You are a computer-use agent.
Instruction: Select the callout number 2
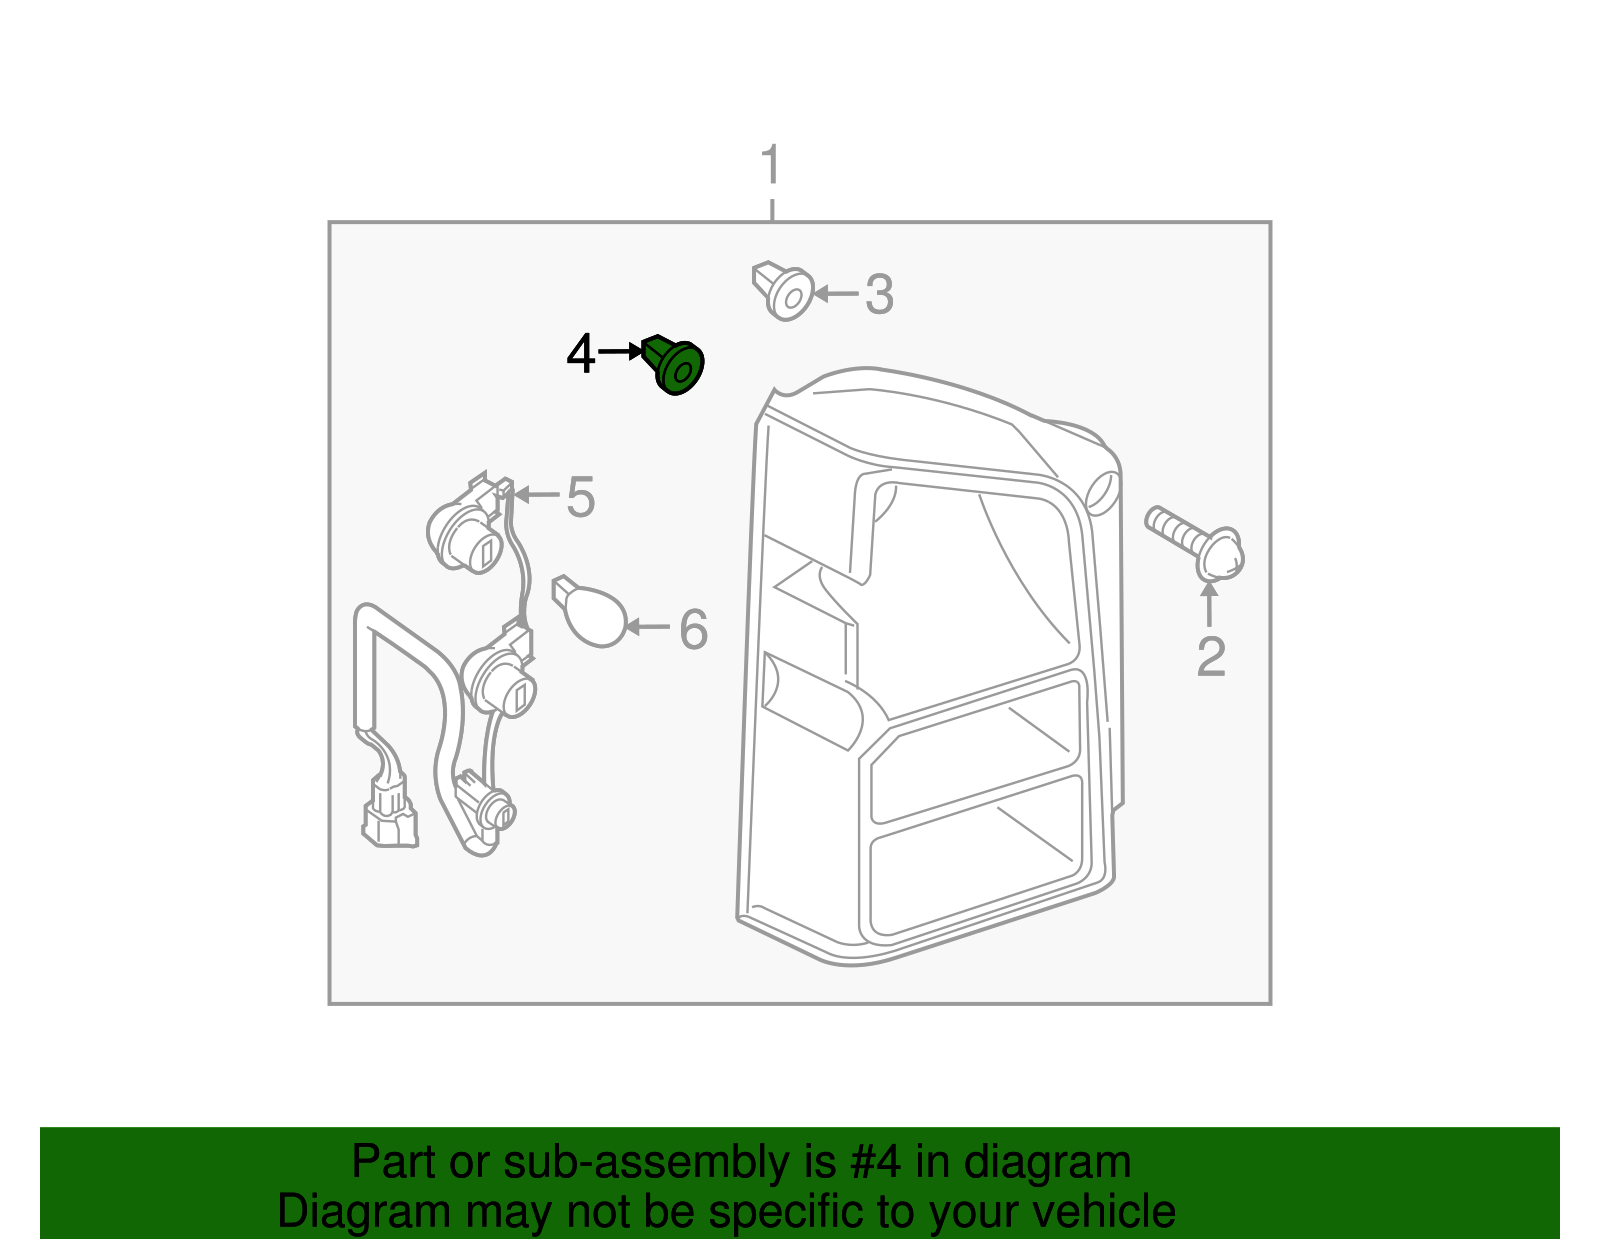click(1210, 657)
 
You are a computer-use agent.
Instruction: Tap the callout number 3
click(879, 294)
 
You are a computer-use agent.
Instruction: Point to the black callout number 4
click(580, 354)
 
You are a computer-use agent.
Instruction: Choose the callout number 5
click(580, 497)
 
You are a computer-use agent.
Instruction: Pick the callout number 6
click(693, 629)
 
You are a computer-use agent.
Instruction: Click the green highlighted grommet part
click(673, 365)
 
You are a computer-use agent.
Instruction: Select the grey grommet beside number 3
click(783, 290)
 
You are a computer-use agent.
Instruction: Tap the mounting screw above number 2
click(1194, 542)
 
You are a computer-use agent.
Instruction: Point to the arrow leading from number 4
click(620, 353)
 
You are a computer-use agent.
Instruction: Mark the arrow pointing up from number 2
click(1209, 604)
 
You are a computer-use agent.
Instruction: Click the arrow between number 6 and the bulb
click(648, 627)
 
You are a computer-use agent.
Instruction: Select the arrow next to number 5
click(537, 495)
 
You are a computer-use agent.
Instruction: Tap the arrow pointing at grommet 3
click(836, 294)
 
